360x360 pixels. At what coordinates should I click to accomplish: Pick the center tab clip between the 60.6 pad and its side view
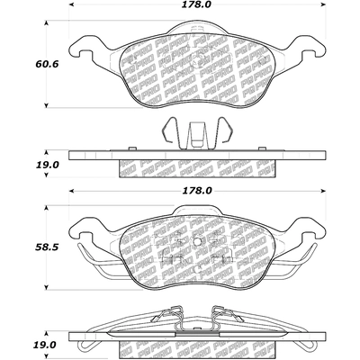(197, 133)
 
